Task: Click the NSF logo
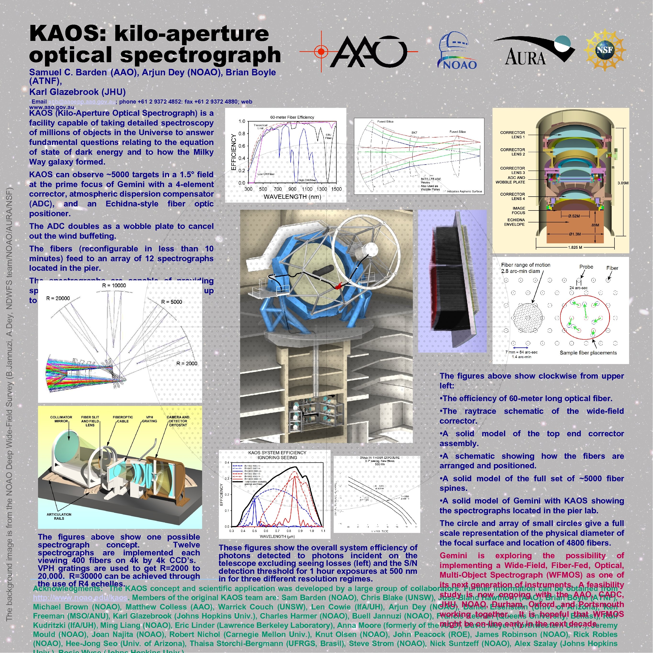pyautogui.click(x=605, y=50)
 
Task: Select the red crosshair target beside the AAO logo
pyautogui.click(x=321, y=52)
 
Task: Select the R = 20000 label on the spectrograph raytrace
pyautogui.click(x=58, y=299)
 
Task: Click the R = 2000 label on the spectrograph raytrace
pyautogui.click(x=187, y=364)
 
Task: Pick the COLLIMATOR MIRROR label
pyautogui.click(x=61, y=419)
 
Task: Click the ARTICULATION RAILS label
pyautogui.click(x=59, y=516)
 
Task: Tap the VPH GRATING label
pyautogui.click(x=149, y=419)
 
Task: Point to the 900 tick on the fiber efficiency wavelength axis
pyautogui.click(x=292, y=189)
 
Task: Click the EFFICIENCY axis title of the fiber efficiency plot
pyautogui.click(x=233, y=152)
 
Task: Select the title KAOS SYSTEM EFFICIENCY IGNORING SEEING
pyautogui.click(x=277, y=455)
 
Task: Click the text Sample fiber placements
pyautogui.click(x=588, y=353)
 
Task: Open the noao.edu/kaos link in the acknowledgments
pyautogui.click(x=80, y=598)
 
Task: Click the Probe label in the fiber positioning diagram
pyautogui.click(x=586, y=267)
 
